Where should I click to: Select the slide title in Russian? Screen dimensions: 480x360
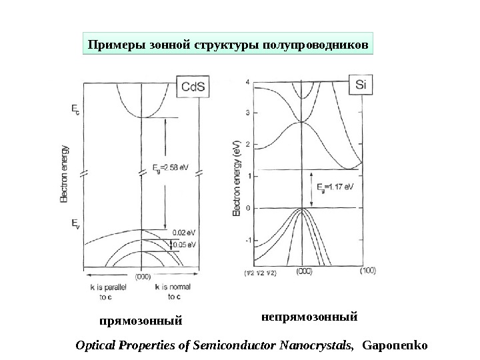(227, 45)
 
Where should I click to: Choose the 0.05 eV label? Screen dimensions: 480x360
(184, 245)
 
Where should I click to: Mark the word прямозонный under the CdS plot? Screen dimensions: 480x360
(141, 321)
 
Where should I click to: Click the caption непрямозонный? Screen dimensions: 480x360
(308, 313)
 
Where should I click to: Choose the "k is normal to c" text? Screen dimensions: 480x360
(173, 293)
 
